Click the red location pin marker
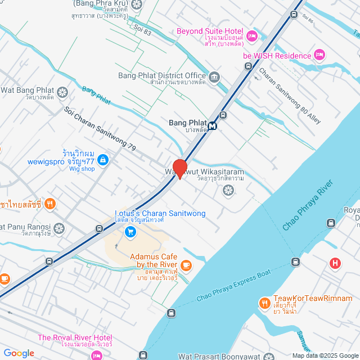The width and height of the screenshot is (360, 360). point(180,169)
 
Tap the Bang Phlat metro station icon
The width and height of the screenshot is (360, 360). point(213,126)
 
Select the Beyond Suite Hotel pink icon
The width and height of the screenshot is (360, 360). point(251,35)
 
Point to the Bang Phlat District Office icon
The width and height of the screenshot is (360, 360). point(214,76)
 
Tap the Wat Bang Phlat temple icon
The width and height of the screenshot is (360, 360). point(62,91)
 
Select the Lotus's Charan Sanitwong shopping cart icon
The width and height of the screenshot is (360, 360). point(130,231)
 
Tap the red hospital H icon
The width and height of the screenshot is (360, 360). point(336,263)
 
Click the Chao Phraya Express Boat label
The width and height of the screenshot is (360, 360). point(233,286)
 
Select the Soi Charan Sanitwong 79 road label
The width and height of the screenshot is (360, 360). point(100,129)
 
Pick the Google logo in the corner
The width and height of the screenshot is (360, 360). point(19,353)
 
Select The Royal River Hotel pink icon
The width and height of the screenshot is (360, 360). point(96,355)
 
